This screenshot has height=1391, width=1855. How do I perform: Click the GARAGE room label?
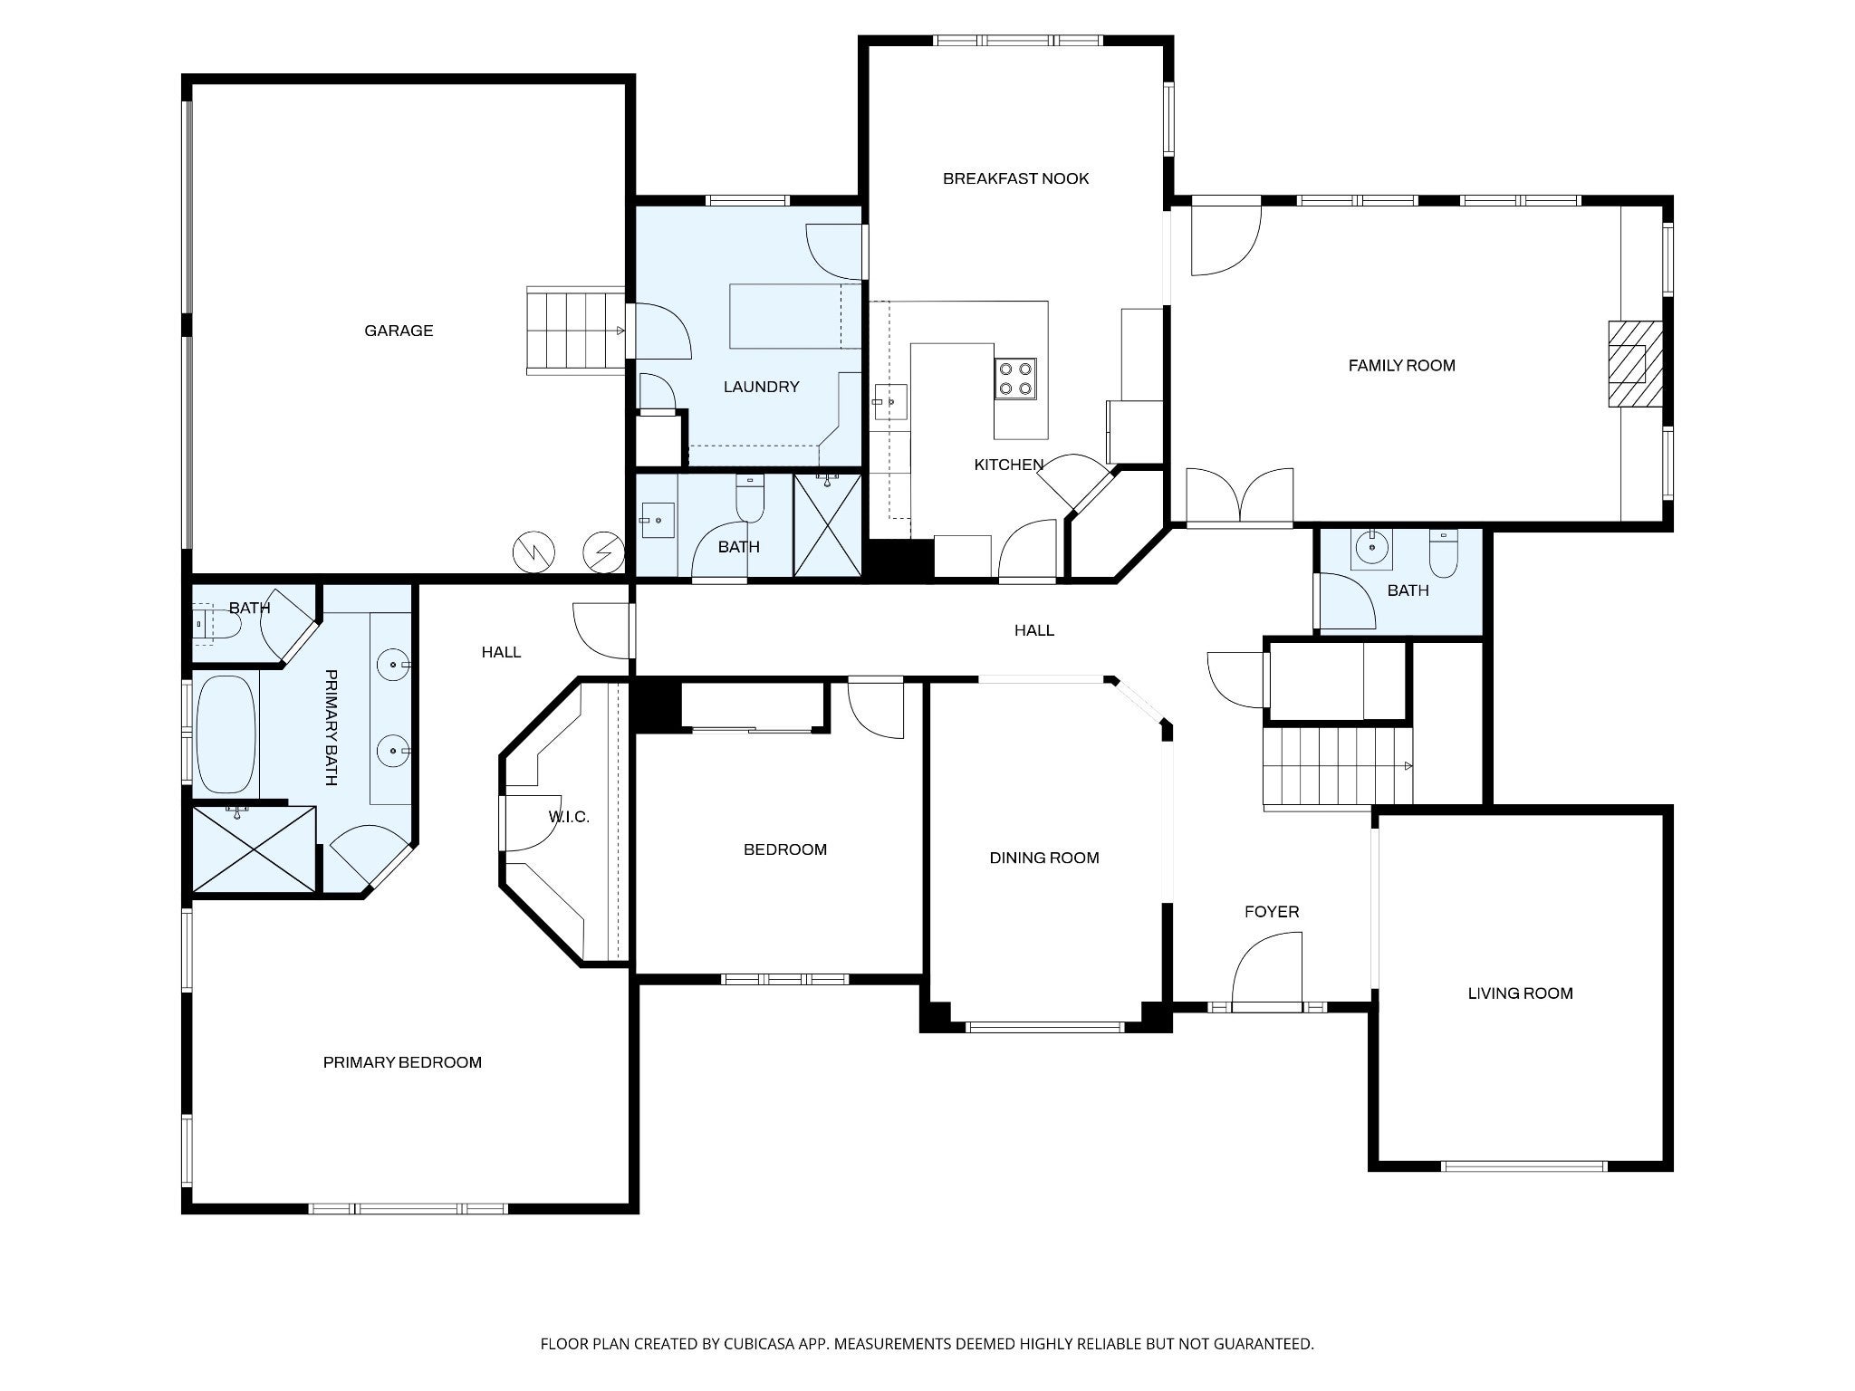399,331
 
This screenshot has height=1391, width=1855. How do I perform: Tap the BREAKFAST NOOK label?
1015,178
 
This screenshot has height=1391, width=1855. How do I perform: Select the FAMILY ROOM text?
1401,366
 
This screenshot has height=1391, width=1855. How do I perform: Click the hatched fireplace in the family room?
1635,377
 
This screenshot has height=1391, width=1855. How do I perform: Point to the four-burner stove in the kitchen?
1015,379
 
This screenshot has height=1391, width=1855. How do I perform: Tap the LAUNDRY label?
761,387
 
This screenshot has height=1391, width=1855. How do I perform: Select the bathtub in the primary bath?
226,734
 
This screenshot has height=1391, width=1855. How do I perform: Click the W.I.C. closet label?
569,817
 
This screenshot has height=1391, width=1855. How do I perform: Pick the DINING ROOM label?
1044,858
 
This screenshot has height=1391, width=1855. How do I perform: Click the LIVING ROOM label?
1520,993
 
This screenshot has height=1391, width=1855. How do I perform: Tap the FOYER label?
1272,912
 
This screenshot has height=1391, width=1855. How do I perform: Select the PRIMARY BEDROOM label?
402,1062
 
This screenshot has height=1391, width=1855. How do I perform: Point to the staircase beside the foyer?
1338,766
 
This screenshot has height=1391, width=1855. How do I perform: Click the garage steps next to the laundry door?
576,331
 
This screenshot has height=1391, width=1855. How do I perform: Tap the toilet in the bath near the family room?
1443,552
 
